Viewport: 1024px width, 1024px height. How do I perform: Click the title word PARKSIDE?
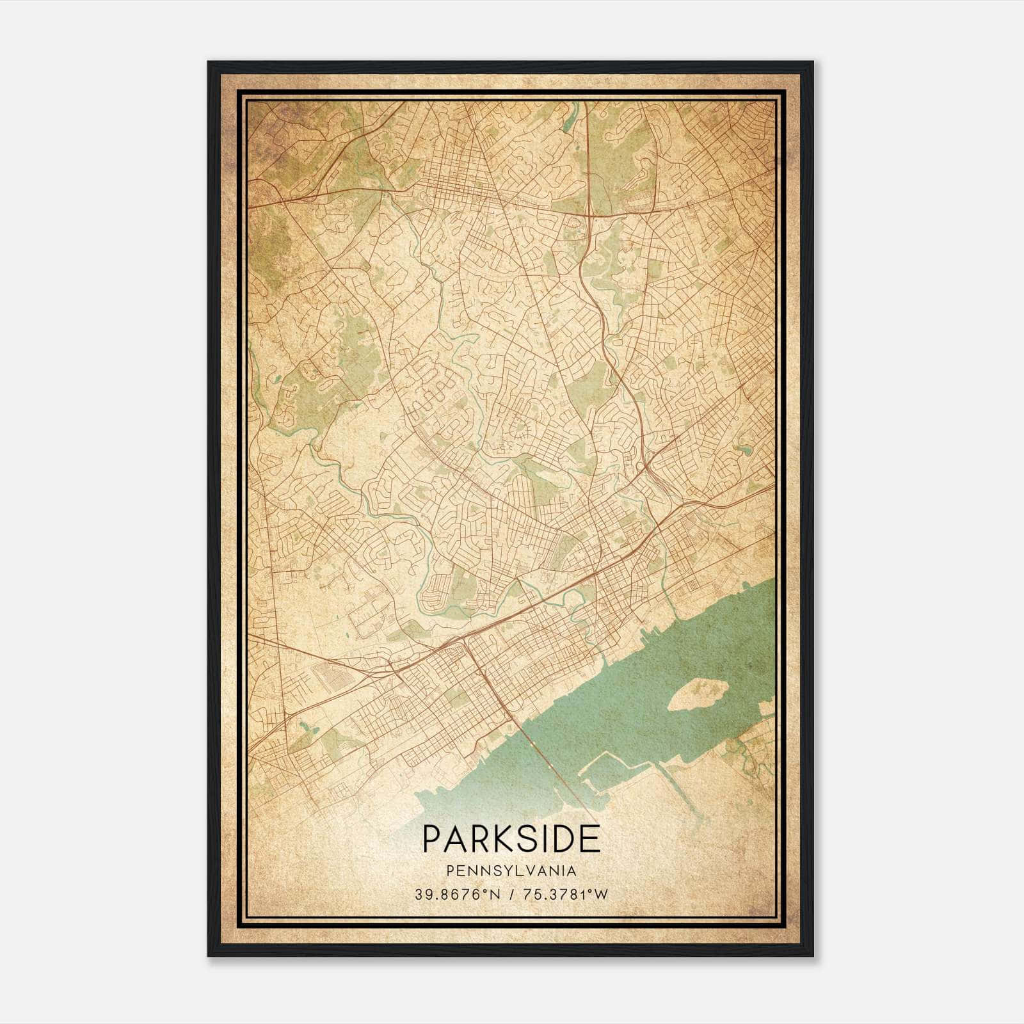pyautogui.click(x=511, y=838)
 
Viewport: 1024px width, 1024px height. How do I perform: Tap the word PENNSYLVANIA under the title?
pyautogui.click(x=511, y=871)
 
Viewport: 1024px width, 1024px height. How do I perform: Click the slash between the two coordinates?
pyautogui.click(x=511, y=895)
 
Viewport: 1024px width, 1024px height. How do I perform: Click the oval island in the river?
pyautogui.click(x=698, y=694)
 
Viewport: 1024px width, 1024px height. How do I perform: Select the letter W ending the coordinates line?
pyautogui.click(x=602, y=895)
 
